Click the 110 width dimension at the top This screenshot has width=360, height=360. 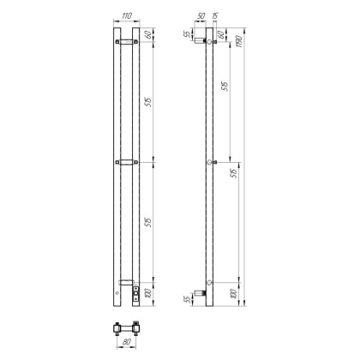125,15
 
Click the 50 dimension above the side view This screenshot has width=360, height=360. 201,16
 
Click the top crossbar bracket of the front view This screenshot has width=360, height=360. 125,40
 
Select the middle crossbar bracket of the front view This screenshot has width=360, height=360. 125,161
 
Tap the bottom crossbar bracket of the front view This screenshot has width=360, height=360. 125,282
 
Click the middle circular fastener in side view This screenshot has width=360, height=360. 209,161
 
